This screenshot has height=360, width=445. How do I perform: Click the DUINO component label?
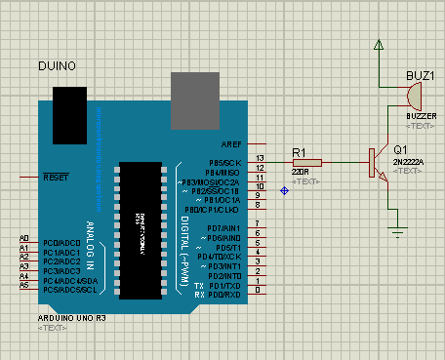56,64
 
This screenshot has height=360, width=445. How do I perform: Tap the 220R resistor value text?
302,173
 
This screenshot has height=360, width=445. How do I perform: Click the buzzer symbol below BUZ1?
415,96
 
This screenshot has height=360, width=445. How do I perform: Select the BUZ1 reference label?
421,75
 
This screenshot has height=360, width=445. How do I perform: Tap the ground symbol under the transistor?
397,231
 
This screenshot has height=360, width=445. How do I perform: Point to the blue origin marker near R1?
284,190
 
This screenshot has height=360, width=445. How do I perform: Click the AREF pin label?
230,143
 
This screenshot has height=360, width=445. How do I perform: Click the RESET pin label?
56,179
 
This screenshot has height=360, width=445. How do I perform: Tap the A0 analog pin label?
23,239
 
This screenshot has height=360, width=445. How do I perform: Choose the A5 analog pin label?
23,285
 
